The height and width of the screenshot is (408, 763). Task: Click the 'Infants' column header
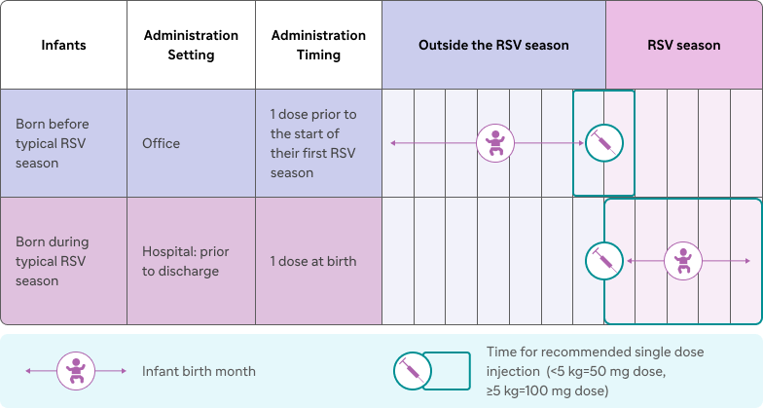(64, 45)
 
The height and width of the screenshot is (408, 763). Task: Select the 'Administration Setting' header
(191, 45)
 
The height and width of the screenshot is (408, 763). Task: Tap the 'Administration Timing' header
(319, 45)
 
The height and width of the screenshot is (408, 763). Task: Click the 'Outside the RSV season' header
(494, 45)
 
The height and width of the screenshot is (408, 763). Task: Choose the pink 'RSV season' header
(683, 45)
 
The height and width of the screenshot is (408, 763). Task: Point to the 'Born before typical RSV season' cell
(64, 143)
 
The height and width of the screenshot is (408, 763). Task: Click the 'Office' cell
(191, 143)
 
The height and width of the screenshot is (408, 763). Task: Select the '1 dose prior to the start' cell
(319, 143)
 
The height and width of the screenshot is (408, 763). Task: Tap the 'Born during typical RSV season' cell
(64, 261)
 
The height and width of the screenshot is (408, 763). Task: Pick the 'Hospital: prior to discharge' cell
(191, 261)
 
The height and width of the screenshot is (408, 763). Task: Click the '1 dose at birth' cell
(319, 261)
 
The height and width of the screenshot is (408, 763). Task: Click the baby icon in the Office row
(495, 143)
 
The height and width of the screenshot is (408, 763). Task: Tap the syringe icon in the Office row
(603, 143)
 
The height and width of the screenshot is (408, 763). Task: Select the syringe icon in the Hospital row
(603, 261)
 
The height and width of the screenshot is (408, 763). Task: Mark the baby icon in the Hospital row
(683, 261)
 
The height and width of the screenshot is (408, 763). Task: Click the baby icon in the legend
(76, 371)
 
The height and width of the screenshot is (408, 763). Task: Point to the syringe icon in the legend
(413, 371)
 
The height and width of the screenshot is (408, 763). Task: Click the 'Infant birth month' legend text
(199, 371)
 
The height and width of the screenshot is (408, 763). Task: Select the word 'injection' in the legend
(513, 372)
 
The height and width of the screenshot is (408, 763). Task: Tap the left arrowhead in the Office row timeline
(393, 143)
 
